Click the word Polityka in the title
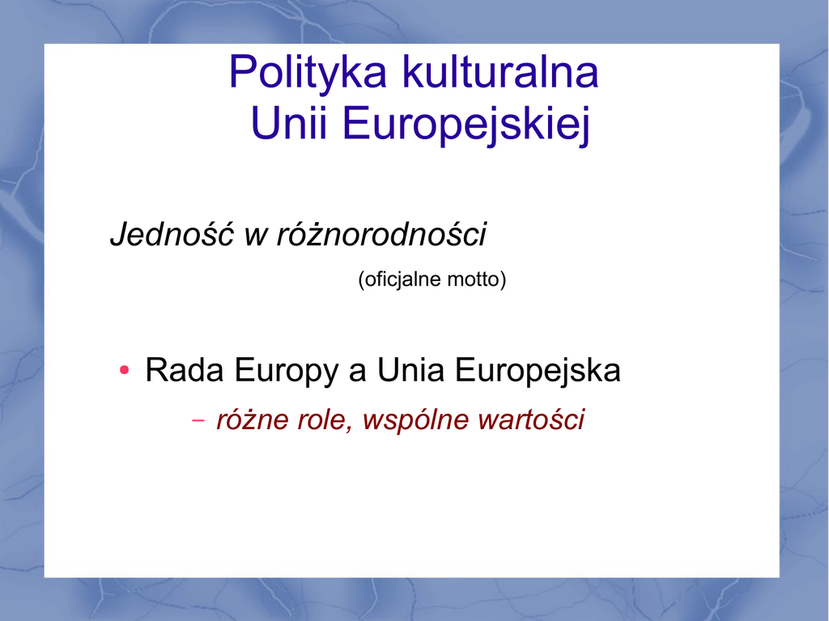pos(308,74)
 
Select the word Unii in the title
pos(289,123)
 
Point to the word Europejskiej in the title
pos(466,125)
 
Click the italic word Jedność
pos(172,234)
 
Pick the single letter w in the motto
pos(256,237)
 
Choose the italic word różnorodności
pos(381,234)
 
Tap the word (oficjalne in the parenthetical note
pos(400,279)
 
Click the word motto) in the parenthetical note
pos(477,279)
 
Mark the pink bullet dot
pos(124,370)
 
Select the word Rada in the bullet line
pos(185,369)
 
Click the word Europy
pos(287,372)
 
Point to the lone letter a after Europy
pos(357,373)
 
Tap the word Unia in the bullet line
pos(410,369)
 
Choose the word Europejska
pos(538,372)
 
